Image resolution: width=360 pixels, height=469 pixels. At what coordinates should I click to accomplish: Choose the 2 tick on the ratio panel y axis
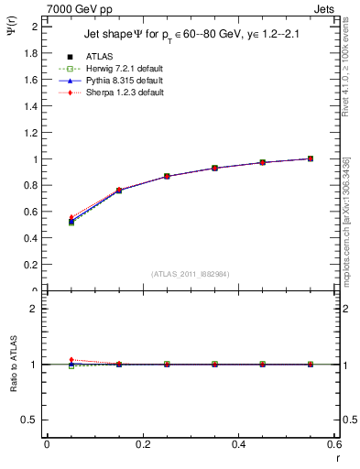(35, 309)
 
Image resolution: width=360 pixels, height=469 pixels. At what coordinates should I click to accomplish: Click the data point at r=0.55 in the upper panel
(311, 158)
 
